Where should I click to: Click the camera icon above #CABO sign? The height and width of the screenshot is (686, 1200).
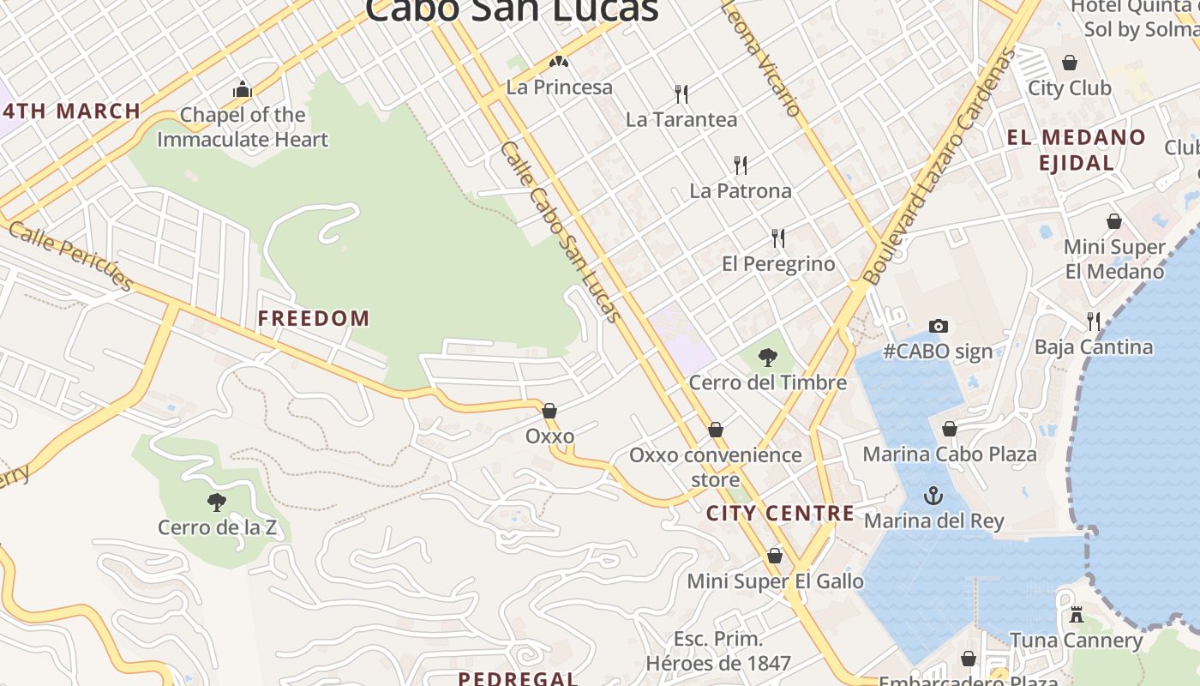[939, 326]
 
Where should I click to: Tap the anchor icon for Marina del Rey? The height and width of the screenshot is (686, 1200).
[933, 496]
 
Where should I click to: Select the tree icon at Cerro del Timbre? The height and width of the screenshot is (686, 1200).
[768, 358]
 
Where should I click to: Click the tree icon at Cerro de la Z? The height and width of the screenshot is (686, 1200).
[217, 502]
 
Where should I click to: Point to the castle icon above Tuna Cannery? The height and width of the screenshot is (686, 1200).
[1077, 615]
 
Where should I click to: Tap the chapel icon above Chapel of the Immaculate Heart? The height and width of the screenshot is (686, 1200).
[243, 89]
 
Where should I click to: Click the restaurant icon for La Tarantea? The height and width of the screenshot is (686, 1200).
[681, 93]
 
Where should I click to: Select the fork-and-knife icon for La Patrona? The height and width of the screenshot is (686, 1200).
[741, 165]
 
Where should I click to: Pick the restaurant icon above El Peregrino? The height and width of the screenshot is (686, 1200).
[777, 238]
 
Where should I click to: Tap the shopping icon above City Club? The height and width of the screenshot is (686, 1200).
[1070, 63]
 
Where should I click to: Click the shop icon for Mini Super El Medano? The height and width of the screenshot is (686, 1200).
[1113, 221]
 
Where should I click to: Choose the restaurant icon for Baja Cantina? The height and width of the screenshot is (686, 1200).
[1093, 322]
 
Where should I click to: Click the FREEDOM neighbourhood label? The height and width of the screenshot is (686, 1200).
[314, 318]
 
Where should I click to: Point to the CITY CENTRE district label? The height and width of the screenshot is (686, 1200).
[780, 514]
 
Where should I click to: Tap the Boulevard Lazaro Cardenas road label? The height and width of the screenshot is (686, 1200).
[939, 167]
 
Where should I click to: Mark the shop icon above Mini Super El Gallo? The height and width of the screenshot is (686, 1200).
[775, 556]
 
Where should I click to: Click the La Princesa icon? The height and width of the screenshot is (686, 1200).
[559, 62]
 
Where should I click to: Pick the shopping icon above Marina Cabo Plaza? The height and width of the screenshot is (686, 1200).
[950, 429]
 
